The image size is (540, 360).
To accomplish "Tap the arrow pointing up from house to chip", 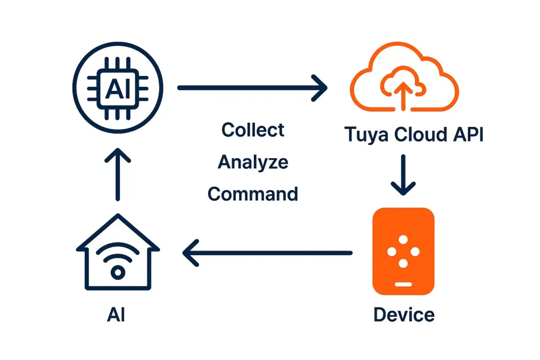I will [118, 174].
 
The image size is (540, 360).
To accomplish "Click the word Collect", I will [253, 130].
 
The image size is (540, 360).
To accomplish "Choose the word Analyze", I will [253, 162].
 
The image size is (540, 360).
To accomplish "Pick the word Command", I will [253, 194].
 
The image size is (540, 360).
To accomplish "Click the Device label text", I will [403, 315].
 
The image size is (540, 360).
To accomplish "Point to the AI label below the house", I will [117, 315].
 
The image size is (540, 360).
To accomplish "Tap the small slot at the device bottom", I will [403, 284].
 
